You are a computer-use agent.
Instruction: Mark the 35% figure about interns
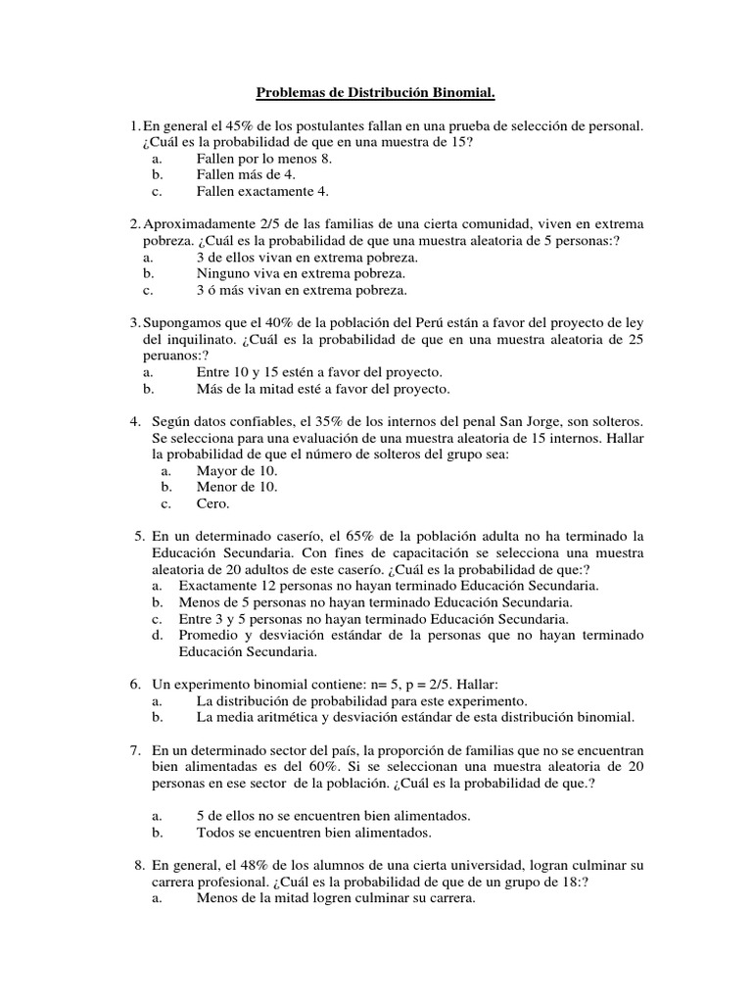point(323,421)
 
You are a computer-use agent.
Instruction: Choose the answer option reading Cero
point(212,503)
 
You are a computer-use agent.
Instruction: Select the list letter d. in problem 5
point(157,636)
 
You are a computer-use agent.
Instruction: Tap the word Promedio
point(210,636)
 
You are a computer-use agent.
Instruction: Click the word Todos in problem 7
point(214,833)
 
